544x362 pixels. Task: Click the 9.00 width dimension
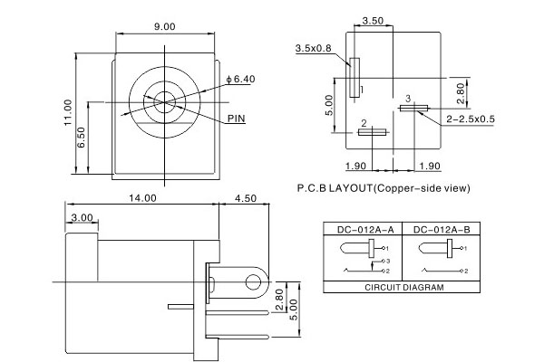click(164, 27)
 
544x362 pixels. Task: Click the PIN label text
click(237, 119)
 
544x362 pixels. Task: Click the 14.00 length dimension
click(141, 196)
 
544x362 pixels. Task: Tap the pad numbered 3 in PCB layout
click(413, 108)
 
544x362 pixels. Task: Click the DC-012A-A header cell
click(362, 229)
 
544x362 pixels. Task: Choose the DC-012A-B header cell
click(438, 229)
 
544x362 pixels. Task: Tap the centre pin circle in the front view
click(165, 101)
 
